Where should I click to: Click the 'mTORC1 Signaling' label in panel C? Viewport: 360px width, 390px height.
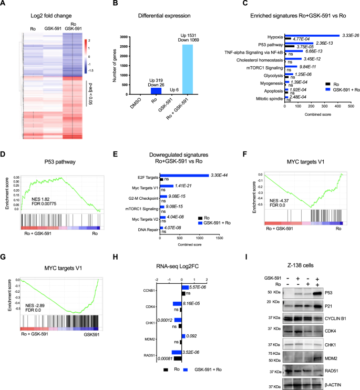pos(266,67)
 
